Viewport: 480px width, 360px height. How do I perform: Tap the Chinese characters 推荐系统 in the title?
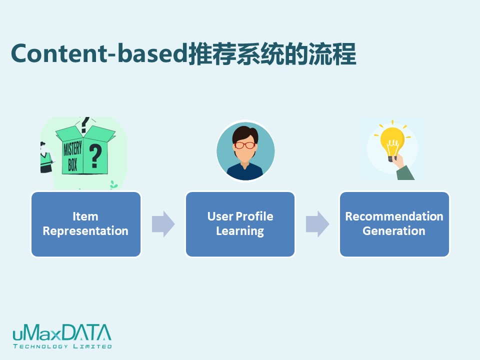(x=235, y=54)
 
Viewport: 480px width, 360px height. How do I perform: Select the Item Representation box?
(x=86, y=224)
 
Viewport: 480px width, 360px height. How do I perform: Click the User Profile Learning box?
(x=240, y=224)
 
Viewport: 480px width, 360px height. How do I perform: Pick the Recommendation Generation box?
(x=394, y=224)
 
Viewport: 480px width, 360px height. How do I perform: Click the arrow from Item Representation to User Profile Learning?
(x=163, y=224)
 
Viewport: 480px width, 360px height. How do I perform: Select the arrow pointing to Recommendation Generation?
(x=317, y=224)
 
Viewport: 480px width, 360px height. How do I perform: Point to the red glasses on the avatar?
(x=245, y=145)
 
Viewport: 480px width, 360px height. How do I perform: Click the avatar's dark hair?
(x=245, y=134)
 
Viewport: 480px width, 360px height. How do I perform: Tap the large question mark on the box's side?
(x=95, y=156)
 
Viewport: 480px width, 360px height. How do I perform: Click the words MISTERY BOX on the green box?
(x=72, y=156)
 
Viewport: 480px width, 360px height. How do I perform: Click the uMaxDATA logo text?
(x=62, y=333)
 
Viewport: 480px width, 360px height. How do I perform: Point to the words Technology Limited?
(x=62, y=346)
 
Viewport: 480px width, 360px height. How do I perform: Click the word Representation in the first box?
(x=85, y=231)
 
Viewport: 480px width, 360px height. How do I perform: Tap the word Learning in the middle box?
(x=240, y=231)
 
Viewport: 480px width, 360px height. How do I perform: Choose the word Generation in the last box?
(x=394, y=231)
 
